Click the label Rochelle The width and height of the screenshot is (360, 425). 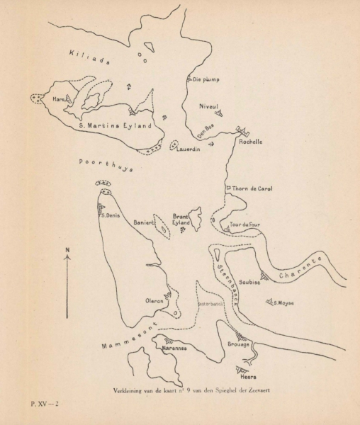251,142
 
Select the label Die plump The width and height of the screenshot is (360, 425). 206,79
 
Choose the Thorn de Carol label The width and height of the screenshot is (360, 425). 253,188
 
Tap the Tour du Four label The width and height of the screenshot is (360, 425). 246,225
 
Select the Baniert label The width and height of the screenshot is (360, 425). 143,222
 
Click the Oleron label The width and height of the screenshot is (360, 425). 154,301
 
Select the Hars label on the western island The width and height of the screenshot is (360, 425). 58,101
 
